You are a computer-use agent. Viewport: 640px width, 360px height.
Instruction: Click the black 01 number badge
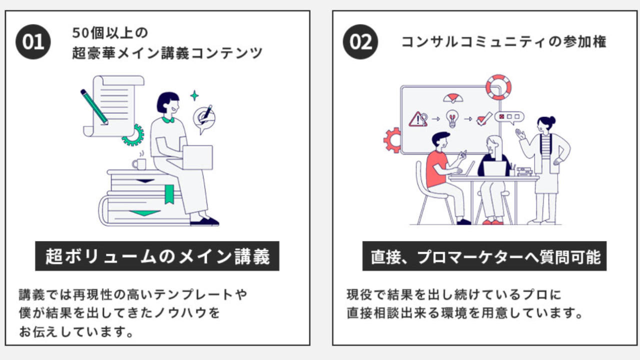[x=33, y=42]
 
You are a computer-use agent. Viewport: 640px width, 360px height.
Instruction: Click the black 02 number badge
[x=360, y=42]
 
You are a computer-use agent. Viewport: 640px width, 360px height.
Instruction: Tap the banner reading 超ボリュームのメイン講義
[x=157, y=256]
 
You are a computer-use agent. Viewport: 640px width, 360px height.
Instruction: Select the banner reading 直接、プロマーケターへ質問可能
[x=484, y=256]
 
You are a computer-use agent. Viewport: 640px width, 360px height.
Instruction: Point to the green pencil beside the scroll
[x=94, y=106]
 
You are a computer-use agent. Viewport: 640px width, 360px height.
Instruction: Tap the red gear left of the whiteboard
[x=393, y=140]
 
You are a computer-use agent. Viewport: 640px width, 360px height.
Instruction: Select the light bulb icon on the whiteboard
[x=452, y=118]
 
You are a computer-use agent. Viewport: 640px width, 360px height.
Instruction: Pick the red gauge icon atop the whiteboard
[x=453, y=97]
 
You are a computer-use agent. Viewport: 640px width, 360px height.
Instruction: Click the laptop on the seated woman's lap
[x=197, y=157]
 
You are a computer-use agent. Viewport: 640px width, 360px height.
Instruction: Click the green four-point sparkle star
[x=194, y=95]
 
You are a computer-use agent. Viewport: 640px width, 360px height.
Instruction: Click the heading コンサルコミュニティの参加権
[x=503, y=42]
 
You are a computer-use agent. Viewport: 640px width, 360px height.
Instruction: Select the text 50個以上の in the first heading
[x=110, y=33]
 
